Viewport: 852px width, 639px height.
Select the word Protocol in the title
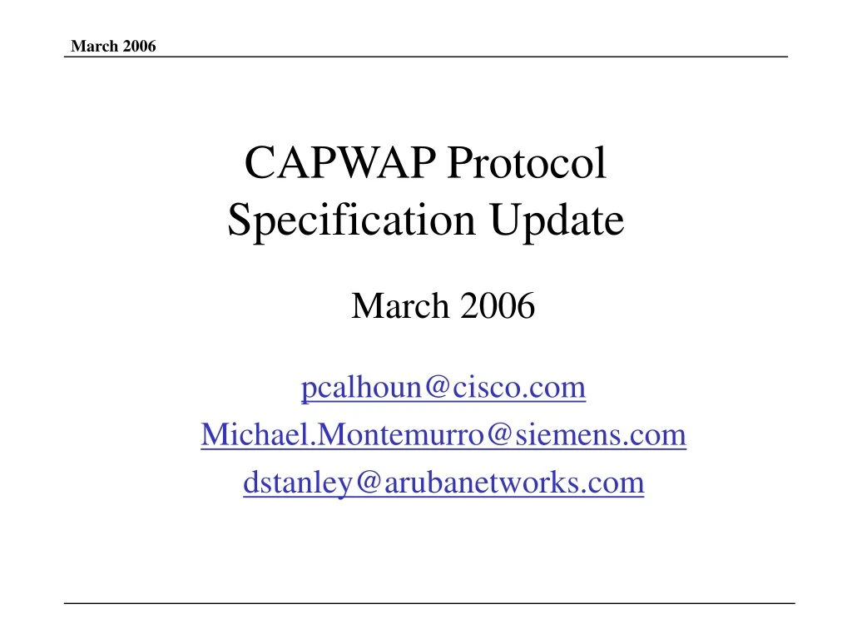click(x=526, y=163)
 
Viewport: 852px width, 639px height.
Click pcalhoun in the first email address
click(x=356, y=389)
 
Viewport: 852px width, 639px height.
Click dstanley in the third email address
click(x=288, y=483)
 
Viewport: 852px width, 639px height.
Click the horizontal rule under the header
click(x=426, y=57)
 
